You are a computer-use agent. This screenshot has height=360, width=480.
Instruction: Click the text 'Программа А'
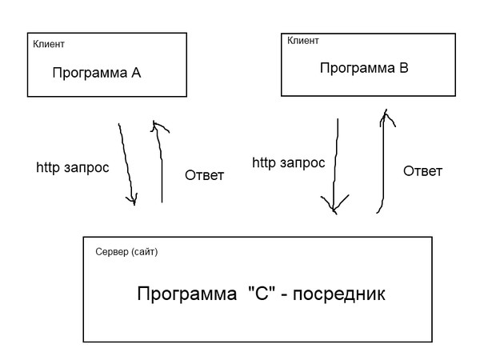coord(96,73)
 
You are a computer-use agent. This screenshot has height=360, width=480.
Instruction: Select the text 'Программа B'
coord(364,68)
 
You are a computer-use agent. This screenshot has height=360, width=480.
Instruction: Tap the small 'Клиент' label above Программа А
coord(49,43)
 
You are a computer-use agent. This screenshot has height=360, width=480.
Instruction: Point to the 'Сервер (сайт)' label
coord(126,252)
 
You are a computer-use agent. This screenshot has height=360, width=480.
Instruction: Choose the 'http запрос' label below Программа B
coord(288,163)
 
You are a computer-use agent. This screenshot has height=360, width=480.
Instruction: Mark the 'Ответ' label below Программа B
coord(422,171)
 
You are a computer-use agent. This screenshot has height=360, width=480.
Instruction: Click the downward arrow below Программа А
coord(126,164)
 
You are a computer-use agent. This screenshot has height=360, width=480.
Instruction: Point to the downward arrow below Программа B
coord(334,164)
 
